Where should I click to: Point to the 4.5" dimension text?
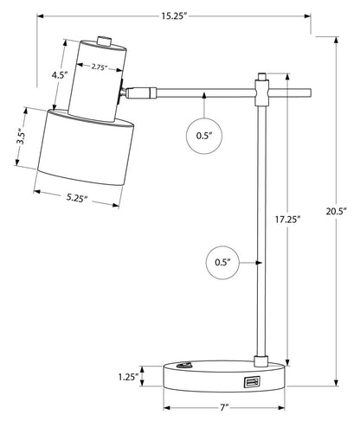60,75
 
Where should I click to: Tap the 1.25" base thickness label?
128,377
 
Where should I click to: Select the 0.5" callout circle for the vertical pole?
222,260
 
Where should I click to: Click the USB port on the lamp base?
251,381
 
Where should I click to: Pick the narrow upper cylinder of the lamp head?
95,82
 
